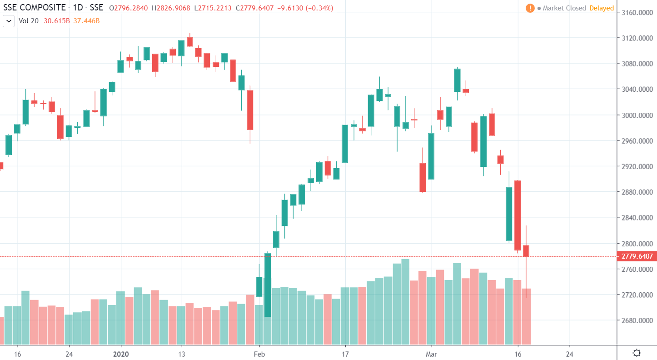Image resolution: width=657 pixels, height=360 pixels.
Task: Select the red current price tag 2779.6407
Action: pyautogui.click(x=637, y=256)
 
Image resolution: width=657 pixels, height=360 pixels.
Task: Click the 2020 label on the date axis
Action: pyautogui.click(x=121, y=354)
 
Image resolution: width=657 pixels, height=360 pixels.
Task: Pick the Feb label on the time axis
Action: pyautogui.click(x=259, y=354)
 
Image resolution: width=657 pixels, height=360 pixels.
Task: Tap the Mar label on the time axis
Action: pyautogui.click(x=431, y=354)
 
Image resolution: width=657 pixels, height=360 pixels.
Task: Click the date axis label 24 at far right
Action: pyautogui.click(x=570, y=354)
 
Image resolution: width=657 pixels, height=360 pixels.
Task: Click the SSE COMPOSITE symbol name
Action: pyautogui.click(x=34, y=8)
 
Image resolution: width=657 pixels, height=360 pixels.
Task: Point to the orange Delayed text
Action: pyautogui.click(x=602, y=8)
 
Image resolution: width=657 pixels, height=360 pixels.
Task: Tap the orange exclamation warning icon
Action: pyautogui.click(x=530, y=8)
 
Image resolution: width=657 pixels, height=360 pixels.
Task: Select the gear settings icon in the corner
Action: pyautogui.click(x=637, y=353)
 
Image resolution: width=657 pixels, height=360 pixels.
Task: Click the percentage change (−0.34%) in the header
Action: pyautogui.click(x=320, y=8)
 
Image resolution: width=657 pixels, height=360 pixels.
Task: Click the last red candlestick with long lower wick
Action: pyautogui.click(x=526, y=250)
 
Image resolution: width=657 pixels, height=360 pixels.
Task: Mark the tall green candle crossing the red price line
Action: pyautogui.click(x=268, y=285)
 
